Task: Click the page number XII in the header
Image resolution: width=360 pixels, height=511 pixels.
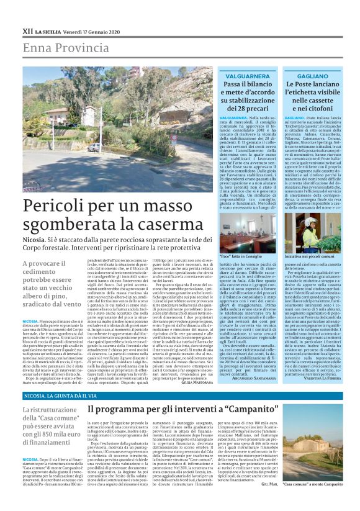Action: (x=27, y=30)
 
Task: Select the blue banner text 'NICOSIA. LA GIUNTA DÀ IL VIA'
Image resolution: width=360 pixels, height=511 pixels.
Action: (x=60, y=395)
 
